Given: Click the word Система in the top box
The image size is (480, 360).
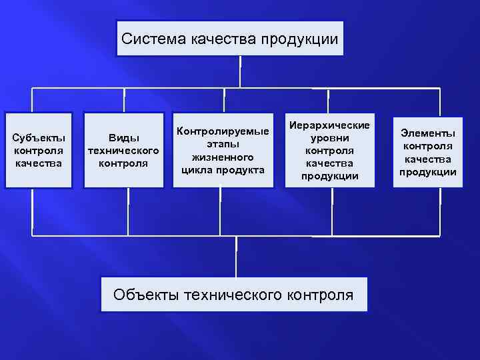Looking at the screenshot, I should [145, 39].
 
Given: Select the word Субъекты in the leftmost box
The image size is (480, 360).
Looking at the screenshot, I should [39, 138].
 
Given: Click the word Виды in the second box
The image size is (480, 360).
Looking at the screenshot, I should [123, 138].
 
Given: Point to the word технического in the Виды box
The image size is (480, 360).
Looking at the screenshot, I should [123, 150].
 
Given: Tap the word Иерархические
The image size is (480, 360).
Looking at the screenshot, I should [330, 125].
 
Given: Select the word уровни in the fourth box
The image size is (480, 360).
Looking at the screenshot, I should [330, 138].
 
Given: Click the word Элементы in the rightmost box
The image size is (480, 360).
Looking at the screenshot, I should [428, 133].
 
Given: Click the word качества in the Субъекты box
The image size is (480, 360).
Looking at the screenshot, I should [39, 163].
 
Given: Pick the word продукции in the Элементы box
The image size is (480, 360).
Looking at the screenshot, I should [428, 171].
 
